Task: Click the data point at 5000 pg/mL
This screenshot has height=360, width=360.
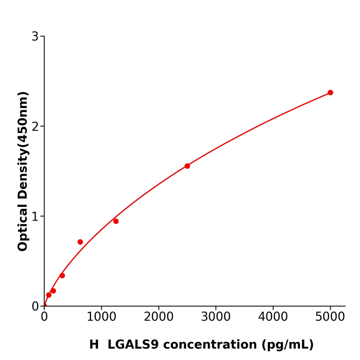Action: point(330,93)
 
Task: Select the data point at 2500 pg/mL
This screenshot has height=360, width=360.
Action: point(187,166)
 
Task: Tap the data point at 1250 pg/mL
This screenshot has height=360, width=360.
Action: point(116,221)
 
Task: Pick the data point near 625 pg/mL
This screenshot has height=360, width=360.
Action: point(80,242)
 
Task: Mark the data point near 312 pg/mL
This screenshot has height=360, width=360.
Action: point(62,276)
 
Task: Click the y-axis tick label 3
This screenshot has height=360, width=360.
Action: point(35,37)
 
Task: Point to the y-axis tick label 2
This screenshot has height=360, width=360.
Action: point(35,127)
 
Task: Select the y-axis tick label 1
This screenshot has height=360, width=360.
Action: point(35,217)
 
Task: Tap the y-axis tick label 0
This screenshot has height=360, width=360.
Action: point(35,307)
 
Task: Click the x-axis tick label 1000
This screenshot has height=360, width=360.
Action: point(101,317)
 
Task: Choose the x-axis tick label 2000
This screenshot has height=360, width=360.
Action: point(158,317)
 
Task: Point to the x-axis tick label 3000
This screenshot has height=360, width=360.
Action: point(215,317)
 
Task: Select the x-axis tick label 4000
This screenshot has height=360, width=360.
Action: point(273,317)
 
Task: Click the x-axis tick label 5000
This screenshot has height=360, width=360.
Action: point(330,317)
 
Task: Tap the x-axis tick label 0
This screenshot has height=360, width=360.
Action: point(44,317)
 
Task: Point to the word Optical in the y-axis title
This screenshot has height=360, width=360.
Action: point(23,226)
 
